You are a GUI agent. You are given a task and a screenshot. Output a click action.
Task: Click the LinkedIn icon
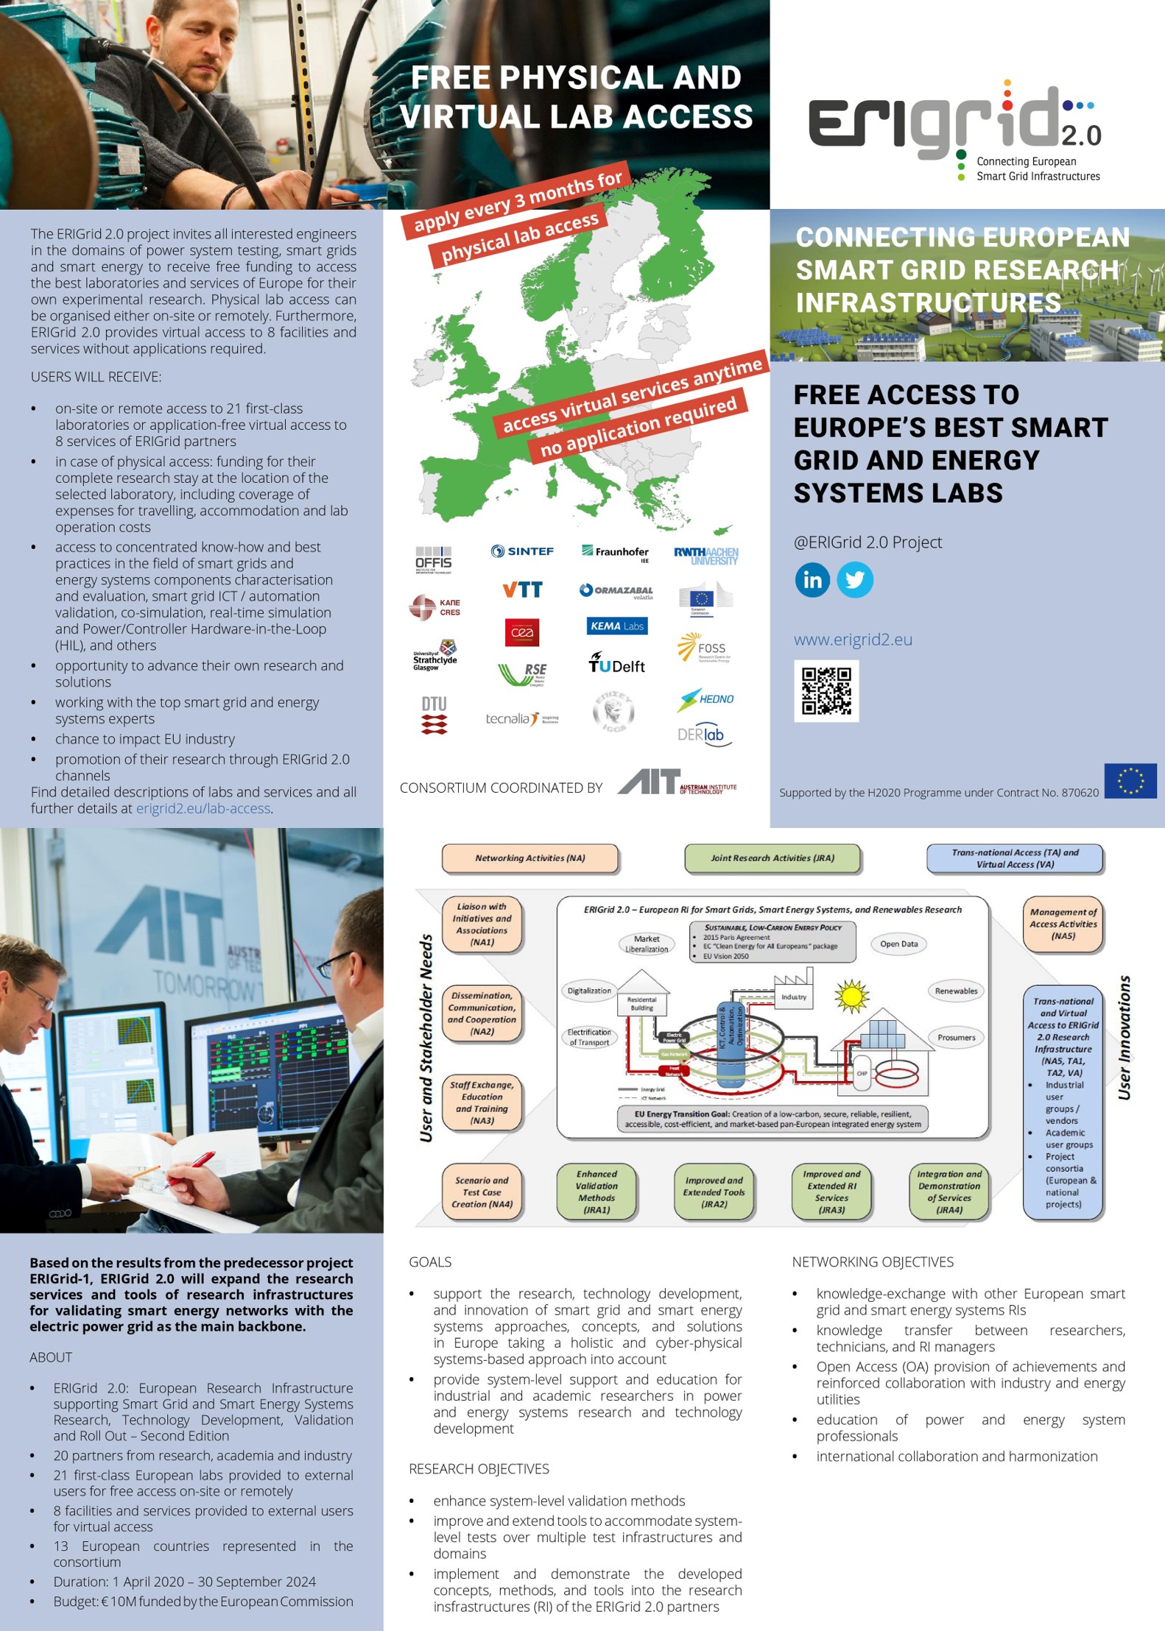coord(812,580)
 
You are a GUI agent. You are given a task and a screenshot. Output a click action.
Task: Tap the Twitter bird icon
coord(855,580)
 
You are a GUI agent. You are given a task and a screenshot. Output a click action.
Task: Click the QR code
coord(826,690)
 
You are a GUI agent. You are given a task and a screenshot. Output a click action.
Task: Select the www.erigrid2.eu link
coord(853,640)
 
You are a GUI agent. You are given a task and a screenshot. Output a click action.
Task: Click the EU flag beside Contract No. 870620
coord(1130,781)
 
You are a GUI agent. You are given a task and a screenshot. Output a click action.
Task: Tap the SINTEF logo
coord(522,551)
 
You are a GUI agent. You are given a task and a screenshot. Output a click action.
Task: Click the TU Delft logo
coord(616,664)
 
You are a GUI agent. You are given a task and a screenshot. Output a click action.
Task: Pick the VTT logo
coord(522,590)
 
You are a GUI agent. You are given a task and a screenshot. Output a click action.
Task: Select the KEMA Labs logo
coord(617,626)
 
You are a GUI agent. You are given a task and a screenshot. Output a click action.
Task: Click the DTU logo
coord(434,715)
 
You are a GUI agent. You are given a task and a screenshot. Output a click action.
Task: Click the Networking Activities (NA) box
coord(529,858)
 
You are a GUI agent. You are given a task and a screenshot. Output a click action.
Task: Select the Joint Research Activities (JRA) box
coord(772,858)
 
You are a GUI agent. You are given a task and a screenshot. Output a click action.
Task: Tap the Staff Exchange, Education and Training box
coord(482,1103)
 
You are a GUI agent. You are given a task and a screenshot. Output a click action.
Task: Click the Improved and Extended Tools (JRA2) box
coord(714,1192)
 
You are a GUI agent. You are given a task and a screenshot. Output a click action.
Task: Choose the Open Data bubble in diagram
coord(898,944)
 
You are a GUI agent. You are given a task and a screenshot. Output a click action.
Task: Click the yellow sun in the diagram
coord(851,996)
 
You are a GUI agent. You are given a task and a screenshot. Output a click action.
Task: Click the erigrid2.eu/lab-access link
coord(203,808)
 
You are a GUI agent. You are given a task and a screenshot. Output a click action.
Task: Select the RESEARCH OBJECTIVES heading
coord(479,1468)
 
